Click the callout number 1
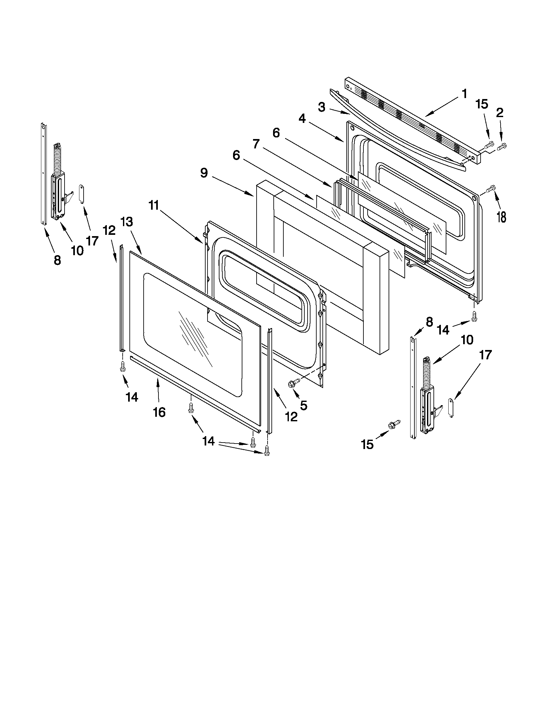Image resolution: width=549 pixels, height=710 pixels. click(x=464, y=94)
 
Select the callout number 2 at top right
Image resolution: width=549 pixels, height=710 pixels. click(x=500, y=113)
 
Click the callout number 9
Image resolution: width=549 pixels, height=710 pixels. click(x=204, y=173)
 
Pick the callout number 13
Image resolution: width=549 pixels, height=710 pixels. click(x=127, y=222)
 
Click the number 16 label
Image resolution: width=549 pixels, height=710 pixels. click(x=159, y=412)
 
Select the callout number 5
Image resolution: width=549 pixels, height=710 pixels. click(x=303, y=405)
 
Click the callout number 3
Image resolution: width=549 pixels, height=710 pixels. click(x=321, y=107)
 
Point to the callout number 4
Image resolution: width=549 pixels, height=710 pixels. click(x=302, y=119)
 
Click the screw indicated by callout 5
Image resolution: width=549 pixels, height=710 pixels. click(x=291, y=384)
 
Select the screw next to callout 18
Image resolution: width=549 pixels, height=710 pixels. click(x=490, y=188)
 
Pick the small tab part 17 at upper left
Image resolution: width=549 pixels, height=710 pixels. click(x=82, y=194)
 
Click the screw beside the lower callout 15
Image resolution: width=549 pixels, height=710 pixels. click(x=392, y=425)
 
